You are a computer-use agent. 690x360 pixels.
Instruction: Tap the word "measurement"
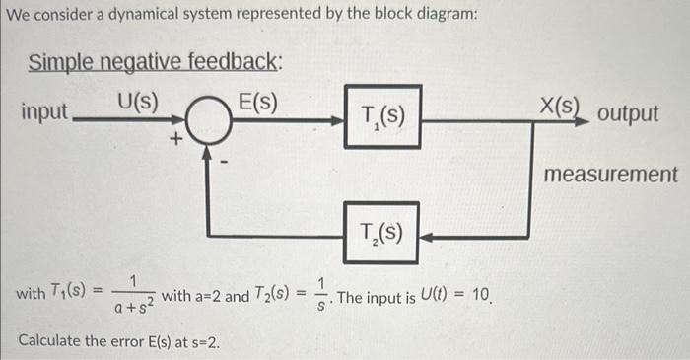pos(611,175)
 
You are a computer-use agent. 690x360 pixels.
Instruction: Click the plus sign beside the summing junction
pos(175,141)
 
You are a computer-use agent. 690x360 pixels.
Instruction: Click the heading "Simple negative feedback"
pos(156,62)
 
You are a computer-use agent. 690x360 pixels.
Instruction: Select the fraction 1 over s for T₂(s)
pos(314,293)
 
